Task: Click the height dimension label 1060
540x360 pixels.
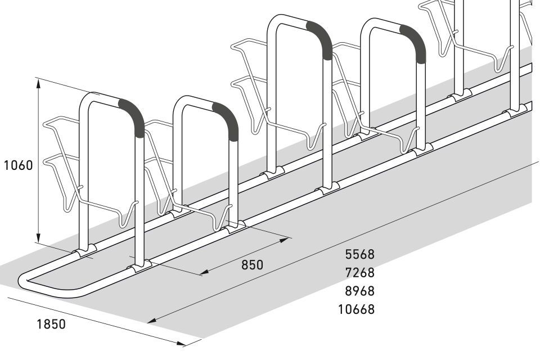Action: pyautogui.click(x=18, y=165)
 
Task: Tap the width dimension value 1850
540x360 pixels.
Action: pyautogui.click(x=51, y=324)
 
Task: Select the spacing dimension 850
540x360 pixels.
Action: pyautogui.click(x=252, y=264)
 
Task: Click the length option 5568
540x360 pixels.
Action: pyautogui.click(x=359, y=254)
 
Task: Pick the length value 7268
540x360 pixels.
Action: pyautogui.click(x=359, y=272)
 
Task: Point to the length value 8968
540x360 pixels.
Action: pyautogui.click(x=359, y=291)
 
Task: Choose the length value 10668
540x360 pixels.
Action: pyautogui.click(x=356, y=309)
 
